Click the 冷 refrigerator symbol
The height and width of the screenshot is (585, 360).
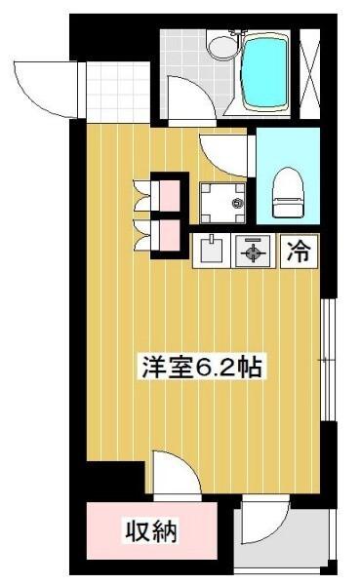click(299, 253)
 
